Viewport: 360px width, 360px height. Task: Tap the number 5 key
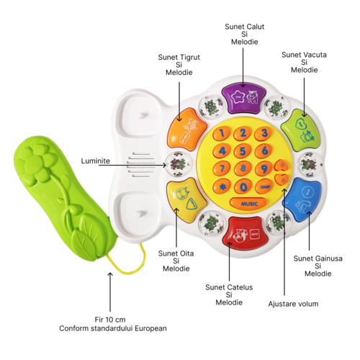tap(243, 151)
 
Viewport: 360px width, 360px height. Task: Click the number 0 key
tap(243, 186)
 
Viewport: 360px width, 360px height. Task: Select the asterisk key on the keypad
tap(222, 186)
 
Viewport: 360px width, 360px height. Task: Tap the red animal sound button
tap(245, 233)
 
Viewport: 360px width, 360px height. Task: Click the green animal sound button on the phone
tap(301, 131)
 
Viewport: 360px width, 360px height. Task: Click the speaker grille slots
tap(142, 165)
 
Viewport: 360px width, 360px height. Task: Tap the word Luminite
tap(95, 161)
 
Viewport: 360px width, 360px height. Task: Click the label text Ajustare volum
tap(293, 304)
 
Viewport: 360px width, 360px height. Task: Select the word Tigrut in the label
tap(189, 58)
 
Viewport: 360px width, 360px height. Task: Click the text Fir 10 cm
tap(110, 320)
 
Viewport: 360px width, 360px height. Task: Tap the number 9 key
tap(264, 168)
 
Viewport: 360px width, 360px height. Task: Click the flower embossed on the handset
tap(37, 163)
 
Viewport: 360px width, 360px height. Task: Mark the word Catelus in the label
tap(240, 287)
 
